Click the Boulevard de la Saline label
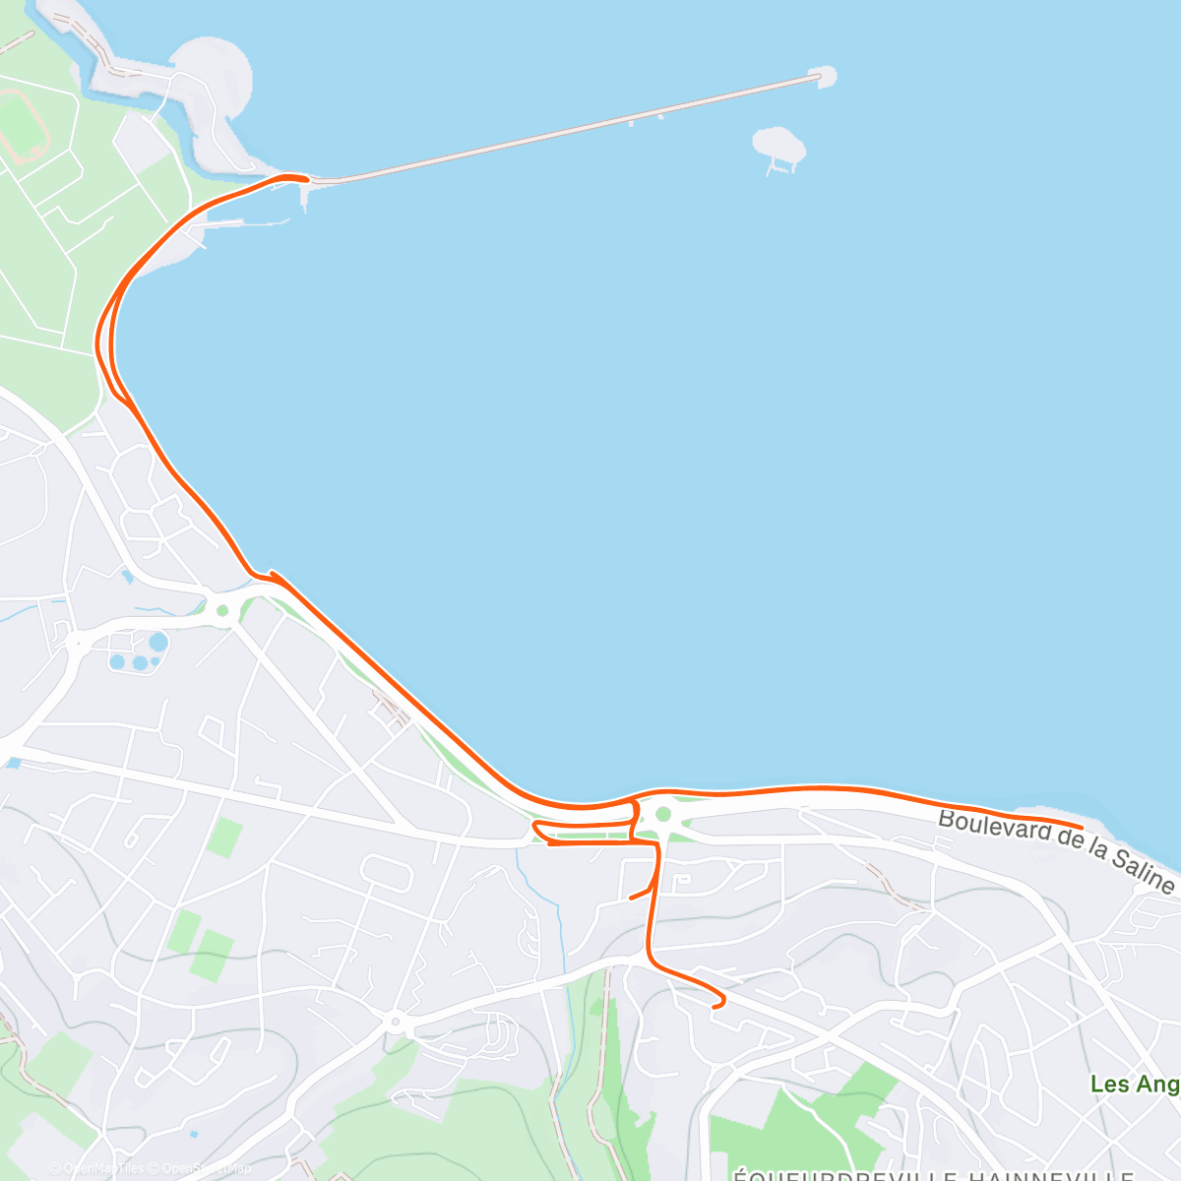click(1055, 850)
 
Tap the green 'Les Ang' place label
click(1135, 1085)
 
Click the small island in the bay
click(778, 145)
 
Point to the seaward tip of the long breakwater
click(822, 75)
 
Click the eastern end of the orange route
click(1081, 827)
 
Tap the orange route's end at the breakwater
click(306, 179)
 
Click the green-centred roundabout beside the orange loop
click(663, 814)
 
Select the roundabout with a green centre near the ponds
click(222, 611)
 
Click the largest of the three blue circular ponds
click(158, 643)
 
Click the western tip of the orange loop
click(534, 825)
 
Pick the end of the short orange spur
click(632, 898)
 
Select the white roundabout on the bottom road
click(396, 1022)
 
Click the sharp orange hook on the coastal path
click(272, 573)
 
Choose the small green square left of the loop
click(225, 837)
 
